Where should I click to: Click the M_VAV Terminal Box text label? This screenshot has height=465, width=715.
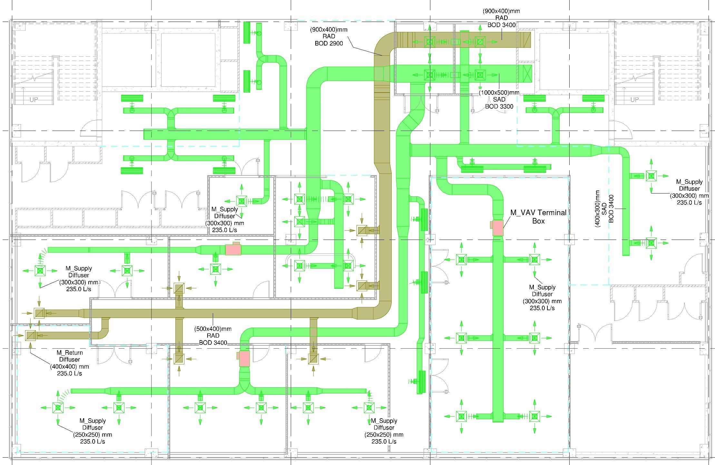pos(538,217)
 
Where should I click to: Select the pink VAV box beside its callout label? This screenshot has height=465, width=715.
pos(498,228)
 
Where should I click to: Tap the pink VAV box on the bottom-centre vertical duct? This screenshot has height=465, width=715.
pos(244,359)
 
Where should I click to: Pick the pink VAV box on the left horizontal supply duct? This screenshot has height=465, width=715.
pos(233,249)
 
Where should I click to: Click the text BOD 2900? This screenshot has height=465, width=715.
pos(329,43)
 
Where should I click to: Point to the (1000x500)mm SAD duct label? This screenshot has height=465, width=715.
pos(499,99)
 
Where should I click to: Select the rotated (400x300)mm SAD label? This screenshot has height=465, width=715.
pos(604,209)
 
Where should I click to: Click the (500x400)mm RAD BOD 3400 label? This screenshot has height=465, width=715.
pos(213,336)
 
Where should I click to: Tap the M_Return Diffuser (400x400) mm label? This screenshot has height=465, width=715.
pos(69,363)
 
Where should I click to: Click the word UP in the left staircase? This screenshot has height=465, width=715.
pos(34,100)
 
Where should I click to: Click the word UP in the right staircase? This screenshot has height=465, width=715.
pos(634,100)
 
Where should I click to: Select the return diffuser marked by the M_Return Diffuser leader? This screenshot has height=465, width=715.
pos(30,335)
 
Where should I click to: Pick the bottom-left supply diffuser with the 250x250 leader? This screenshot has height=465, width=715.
pos(58,408)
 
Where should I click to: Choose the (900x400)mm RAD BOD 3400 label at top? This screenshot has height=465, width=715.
pos(501,18)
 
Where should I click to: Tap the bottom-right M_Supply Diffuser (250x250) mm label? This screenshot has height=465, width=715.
pos(384,431)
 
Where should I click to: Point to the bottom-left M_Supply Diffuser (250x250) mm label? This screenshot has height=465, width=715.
pos(93,431)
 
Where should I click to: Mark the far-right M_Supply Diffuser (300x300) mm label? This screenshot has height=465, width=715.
pos(689,192)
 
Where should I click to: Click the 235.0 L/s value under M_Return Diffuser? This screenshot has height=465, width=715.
pos(69,373)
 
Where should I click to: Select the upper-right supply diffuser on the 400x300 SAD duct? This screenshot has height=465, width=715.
pos(651,176)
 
